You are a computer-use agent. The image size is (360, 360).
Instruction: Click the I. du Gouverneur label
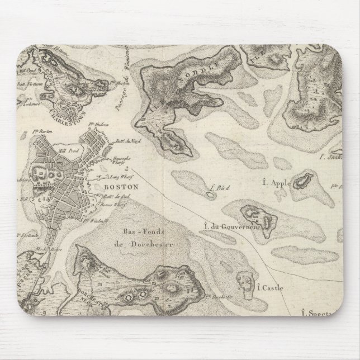point(225,226)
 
